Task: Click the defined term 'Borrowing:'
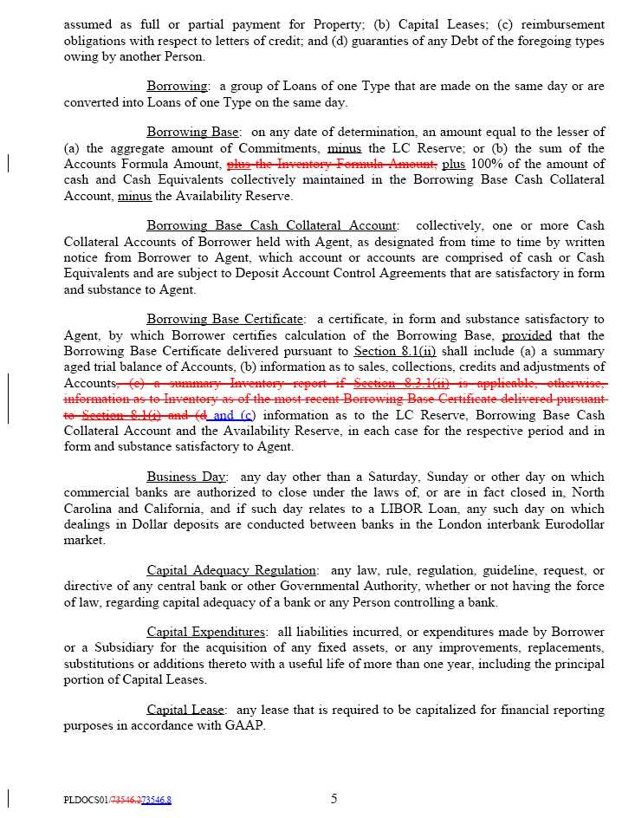coord(178,87)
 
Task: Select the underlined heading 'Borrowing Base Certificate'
coord(224,320)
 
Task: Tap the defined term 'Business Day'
coord(186,477)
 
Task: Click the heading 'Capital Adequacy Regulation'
coord(231,570)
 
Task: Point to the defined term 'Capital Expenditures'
coord(206,632)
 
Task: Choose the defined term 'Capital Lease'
coord(185,710)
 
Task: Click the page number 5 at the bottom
coord(334,799)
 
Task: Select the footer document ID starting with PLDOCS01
coord(117,801)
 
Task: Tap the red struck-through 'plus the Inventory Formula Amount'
coord(331,165)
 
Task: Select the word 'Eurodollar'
coord(572,524)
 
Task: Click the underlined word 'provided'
coord(527,335)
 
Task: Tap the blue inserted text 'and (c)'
coord(234,415)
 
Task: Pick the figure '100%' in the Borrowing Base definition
coord(489,165)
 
